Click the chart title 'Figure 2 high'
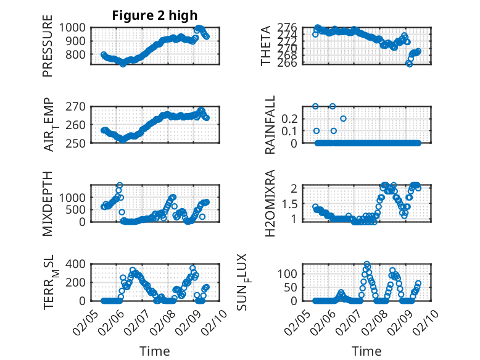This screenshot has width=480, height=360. coord(155,15)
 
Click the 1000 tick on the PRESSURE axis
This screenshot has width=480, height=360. coord(77,28)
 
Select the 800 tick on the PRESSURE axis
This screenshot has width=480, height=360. coord(80,54)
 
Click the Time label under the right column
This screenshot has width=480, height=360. coord(366,351)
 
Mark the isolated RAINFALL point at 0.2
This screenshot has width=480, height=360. coord(343,119)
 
